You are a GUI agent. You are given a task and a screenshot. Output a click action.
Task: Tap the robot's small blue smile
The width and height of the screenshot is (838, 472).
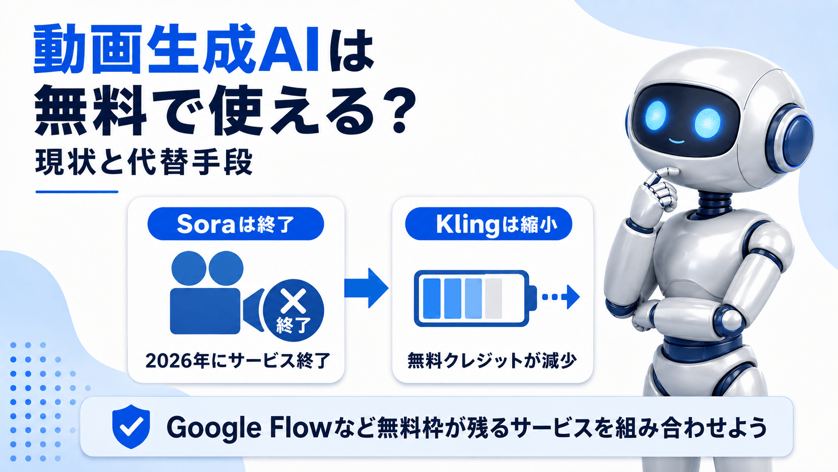677,141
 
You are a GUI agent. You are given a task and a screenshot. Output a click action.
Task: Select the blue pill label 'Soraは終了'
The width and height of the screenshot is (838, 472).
236,224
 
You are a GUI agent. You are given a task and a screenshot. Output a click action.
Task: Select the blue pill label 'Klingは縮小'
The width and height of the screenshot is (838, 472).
489,224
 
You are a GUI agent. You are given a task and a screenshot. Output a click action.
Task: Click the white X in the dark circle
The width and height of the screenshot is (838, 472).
294,301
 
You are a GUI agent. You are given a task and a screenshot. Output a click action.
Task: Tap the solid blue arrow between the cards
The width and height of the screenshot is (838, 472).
366,288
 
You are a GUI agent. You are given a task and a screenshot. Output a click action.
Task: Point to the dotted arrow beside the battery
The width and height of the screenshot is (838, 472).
561,297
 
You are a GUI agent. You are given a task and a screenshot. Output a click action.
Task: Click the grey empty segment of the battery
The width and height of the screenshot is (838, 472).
494,298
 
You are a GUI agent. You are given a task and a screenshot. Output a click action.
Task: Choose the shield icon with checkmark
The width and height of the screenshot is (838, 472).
131,426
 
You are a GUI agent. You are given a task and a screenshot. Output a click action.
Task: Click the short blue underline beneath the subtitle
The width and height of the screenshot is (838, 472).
77,192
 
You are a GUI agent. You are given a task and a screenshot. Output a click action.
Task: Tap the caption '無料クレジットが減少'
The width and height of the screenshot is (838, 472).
492,361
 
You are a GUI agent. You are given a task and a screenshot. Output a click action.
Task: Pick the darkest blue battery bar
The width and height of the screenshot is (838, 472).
432,298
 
